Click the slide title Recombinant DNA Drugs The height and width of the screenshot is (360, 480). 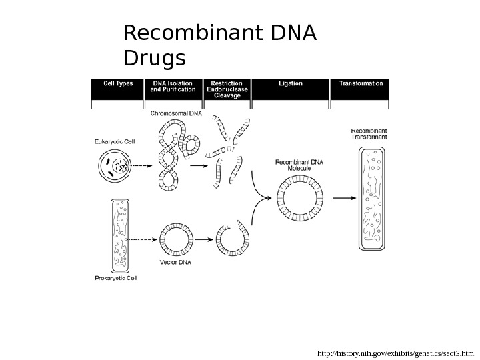point(220,45)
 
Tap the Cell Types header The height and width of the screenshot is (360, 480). point(117,84)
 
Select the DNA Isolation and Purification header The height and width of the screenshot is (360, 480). point(173,87)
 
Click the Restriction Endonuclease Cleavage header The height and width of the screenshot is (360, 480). point(227,89)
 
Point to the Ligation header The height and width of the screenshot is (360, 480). point(291,84)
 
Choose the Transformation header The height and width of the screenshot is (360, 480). point(361,84)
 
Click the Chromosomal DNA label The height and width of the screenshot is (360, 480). point(176,113)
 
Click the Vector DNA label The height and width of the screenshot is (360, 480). point(175,262)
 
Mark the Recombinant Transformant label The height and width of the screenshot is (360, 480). point(369,133)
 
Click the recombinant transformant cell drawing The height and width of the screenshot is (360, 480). point(371,199)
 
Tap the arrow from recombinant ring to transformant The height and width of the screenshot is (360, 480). point(343,198)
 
